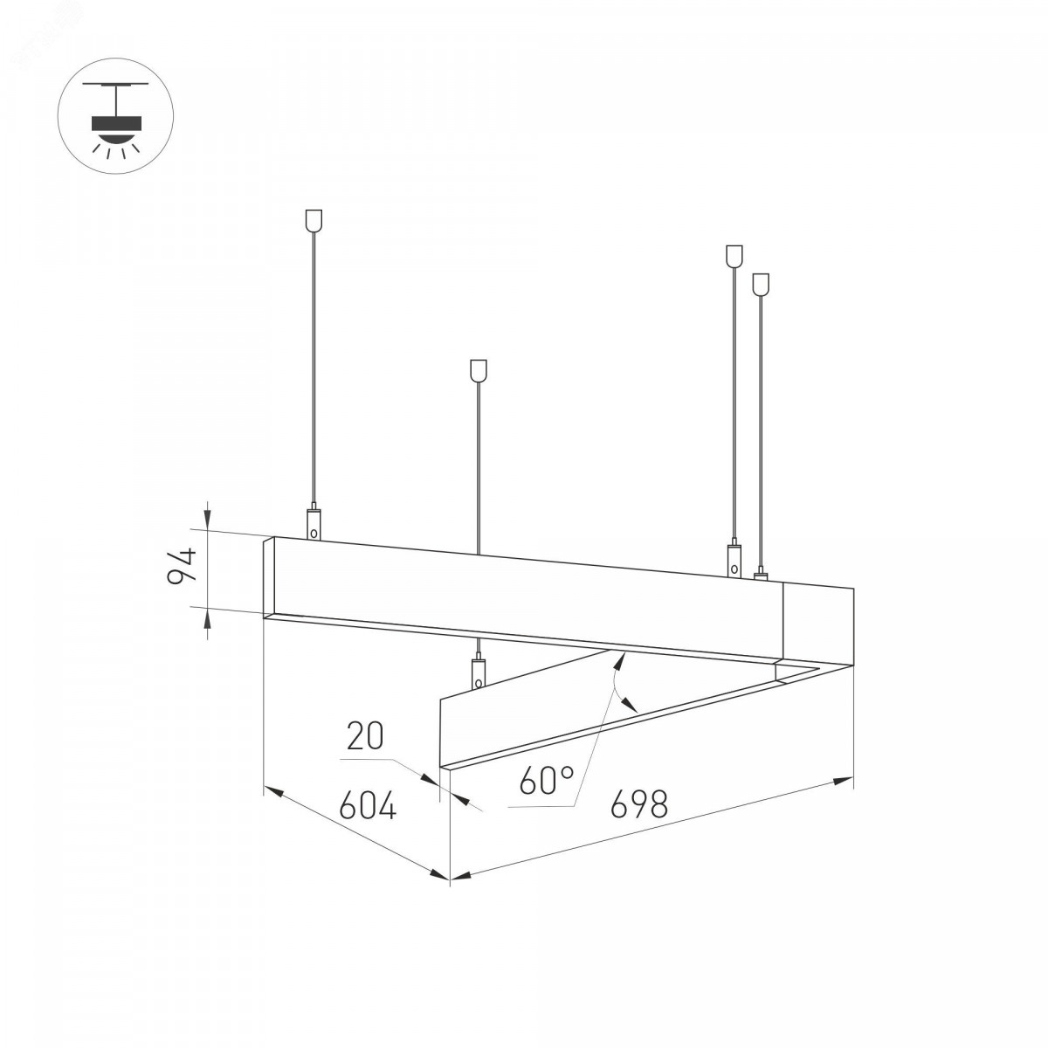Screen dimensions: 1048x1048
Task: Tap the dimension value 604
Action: coord(368,804)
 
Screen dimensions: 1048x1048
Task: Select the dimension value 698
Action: coord(638,803)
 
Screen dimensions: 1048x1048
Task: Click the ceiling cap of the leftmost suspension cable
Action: coord(314,218)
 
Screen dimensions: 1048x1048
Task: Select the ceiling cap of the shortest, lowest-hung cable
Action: coord(478,369)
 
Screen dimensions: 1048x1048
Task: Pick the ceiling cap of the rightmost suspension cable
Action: coord(761,283)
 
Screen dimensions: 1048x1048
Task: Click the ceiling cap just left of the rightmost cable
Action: coord(734,256)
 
